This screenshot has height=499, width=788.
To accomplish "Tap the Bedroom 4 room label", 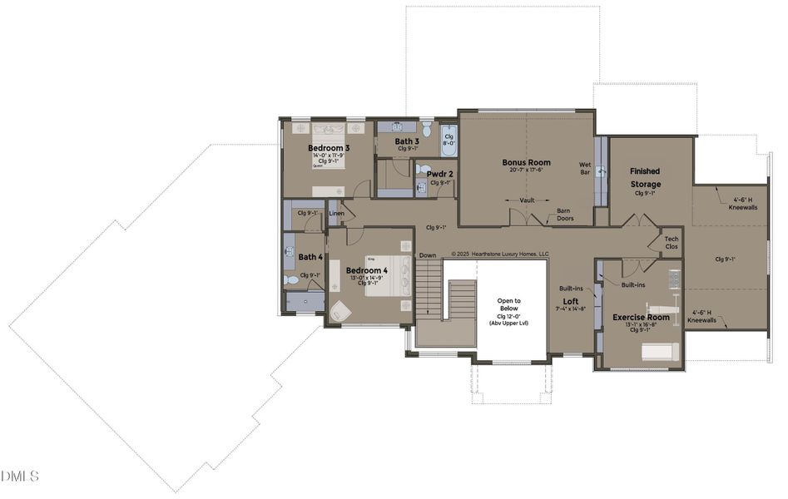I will [x=367, y=270].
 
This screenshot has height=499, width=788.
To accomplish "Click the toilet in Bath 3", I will [x=427, y=129].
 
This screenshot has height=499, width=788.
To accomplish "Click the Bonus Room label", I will [x=526, y=162].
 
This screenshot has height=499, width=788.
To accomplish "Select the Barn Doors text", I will [x=568, y=214].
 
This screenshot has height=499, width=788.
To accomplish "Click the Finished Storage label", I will [x=645, y=177].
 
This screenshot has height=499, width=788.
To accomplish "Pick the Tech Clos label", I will [x=671, y=243].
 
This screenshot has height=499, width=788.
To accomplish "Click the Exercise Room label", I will [x=641, y=317].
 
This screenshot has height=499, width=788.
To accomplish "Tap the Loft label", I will [x=571, y=301].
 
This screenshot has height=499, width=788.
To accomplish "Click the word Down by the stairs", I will [x=428, y=255].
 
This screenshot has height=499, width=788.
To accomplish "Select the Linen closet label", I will [x=336, y=214].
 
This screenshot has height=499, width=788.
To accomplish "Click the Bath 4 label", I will [x=310, y=257].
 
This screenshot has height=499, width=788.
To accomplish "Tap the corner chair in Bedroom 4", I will [x=341, y=312].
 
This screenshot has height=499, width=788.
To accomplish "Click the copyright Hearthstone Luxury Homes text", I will [x=499, y=254].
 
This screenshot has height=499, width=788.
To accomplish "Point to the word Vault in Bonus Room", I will [x=526, y=200].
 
